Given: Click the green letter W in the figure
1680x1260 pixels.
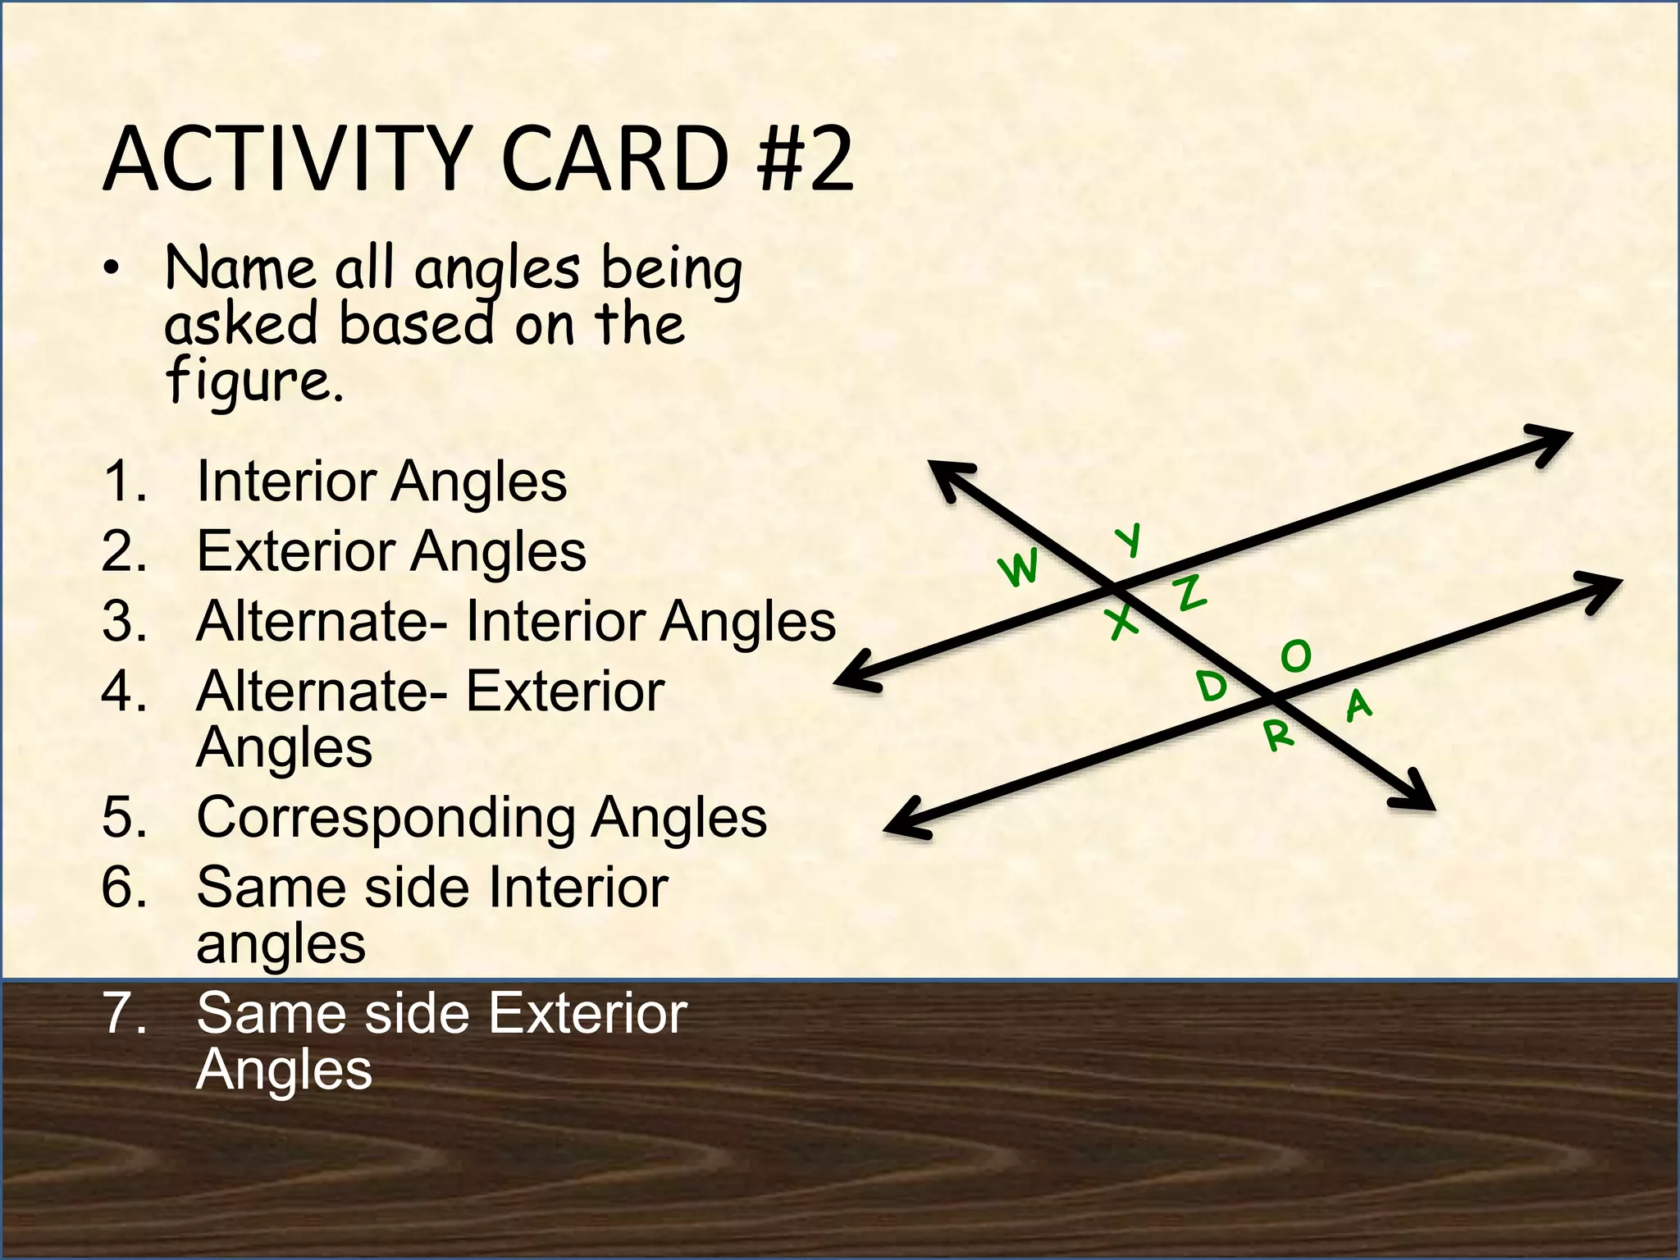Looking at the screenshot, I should click(x=1019, y=568).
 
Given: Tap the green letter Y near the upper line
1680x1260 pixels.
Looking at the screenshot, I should click(x=1130, y=541).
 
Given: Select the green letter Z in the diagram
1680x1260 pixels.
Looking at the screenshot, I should click(x=1191, y=592).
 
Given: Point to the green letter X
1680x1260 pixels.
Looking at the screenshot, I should click(x=1122, y=623).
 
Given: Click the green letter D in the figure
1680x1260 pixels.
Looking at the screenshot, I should click(x=1211, y=685).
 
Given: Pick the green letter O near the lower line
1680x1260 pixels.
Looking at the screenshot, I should click(x=1297, y=656).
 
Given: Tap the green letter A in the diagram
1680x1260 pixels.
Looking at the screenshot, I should click(x=1358, y=705).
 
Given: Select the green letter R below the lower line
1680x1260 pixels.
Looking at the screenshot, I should click(x=1278, y=735).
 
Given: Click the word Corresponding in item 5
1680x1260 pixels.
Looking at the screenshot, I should click(x=386, y=818).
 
